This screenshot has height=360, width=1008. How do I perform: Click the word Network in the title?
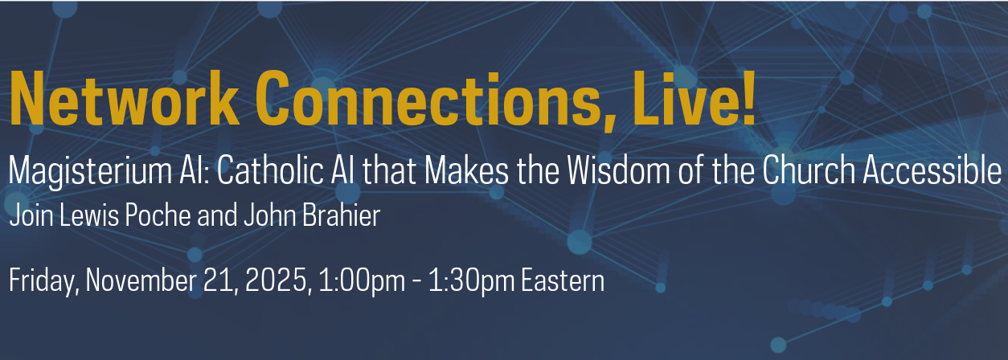(125, 99)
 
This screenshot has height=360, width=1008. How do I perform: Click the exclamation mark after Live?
(748, 99)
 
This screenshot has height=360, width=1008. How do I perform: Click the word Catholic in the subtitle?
(270, 170)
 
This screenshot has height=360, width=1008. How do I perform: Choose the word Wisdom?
(619, 170)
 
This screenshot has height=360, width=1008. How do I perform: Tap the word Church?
(808, 170)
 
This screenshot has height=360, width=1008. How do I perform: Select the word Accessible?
(932, 170)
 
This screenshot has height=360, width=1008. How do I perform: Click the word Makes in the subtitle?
(467, 170)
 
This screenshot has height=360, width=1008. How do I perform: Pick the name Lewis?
(89, 215)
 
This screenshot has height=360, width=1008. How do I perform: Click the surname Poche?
(158, 215)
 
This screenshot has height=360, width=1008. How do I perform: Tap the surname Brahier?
(342, 215)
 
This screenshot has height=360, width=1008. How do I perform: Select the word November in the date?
(141, 280)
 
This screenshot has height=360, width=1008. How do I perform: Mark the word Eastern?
(563, 280)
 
